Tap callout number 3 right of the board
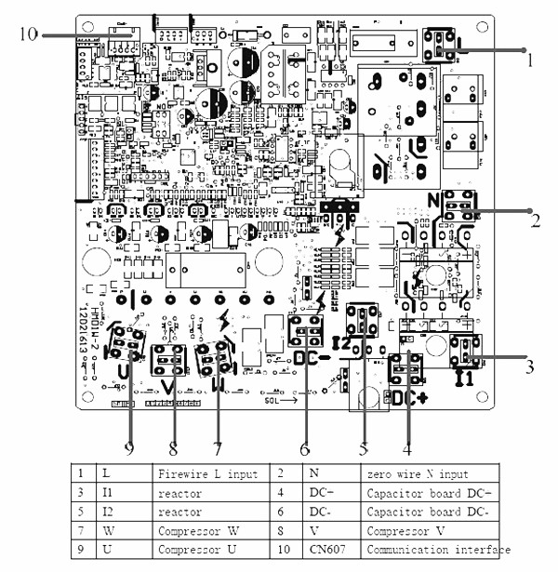[x=529, y=366]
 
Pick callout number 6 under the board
[x=303, y=447]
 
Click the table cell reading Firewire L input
[x=206, y=474]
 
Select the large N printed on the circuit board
[x=433, y=200]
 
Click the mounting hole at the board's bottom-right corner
[x=487, y=419]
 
